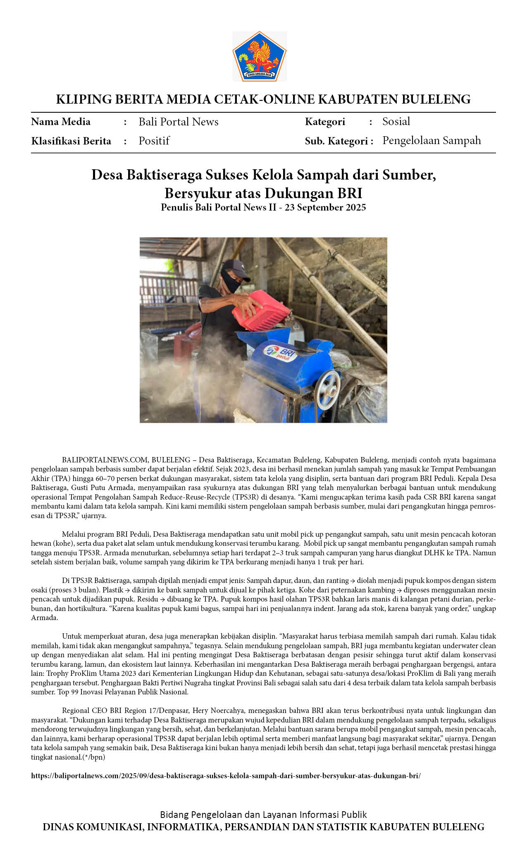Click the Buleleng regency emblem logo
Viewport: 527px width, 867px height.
(260, 56)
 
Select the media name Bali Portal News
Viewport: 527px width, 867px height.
(178, 122)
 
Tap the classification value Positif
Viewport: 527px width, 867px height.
(154, 141)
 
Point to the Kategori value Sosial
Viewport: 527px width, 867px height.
(396, 121)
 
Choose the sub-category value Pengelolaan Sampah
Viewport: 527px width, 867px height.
(431, 140)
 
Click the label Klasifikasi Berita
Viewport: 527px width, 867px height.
(71, 141)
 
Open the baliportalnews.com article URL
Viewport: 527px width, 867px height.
(226, 776)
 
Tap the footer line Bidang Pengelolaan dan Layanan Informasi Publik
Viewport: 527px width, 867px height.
(263, 815)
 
